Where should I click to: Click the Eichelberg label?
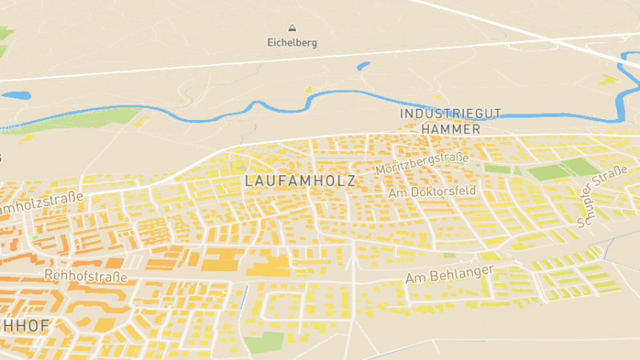coord(292,43)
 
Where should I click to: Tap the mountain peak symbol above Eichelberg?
coord(292,27)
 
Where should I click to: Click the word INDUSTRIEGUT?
coord(450,114)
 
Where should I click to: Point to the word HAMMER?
coord(450,129)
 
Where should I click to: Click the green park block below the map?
coord(265,342)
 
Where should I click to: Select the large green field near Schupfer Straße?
coord(560,170)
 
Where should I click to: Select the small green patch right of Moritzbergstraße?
coord(498,169)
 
